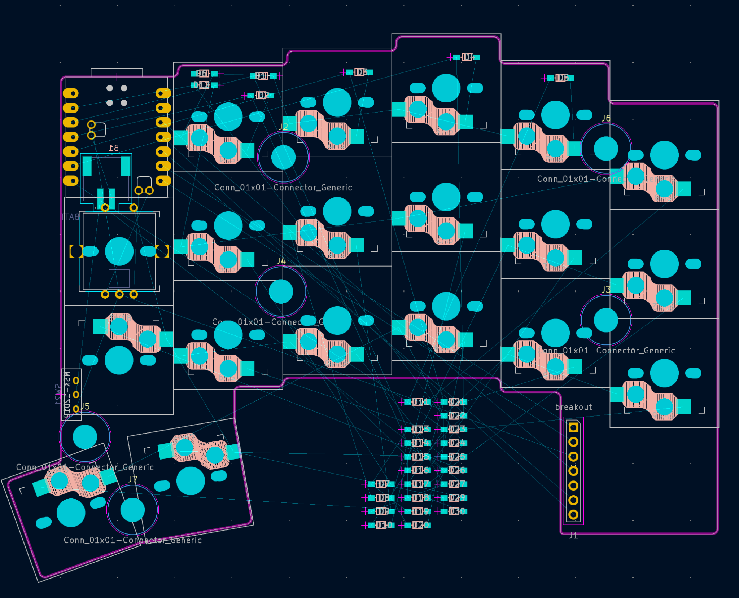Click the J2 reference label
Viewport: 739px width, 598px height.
click(x=283, y=127)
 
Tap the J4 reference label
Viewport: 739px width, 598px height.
click(x=281, y=261)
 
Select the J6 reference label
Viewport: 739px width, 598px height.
click(x=606, y=118)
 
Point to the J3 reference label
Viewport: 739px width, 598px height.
click(x=606, y=290)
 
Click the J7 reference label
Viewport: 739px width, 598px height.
click(x=133, y=479)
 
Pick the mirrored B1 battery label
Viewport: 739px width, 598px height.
click(x=114, y=148)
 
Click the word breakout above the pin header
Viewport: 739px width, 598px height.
click(x=573, y=407)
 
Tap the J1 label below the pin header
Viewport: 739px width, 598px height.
click(x=573, y=536)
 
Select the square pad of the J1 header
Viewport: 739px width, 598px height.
click(x=573, y=428)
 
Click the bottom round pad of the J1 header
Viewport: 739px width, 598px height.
click(x=573, y=515)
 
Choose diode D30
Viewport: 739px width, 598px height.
click(x=454, y=511)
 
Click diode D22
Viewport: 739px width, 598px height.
click(x=454, y=416)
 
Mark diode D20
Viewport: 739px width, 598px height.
click(x=417, y=525)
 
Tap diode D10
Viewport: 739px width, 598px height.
click(x=381, y=525)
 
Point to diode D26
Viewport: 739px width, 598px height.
click(x=454, y=470)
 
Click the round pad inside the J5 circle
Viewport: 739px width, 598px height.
click(x=85, y=437)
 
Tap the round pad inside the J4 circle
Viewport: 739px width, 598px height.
click(x=281, y=291)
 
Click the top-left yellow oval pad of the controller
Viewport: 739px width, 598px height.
click(x=71, y=94)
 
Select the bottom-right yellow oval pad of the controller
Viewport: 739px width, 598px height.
click(x=163, y=180)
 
